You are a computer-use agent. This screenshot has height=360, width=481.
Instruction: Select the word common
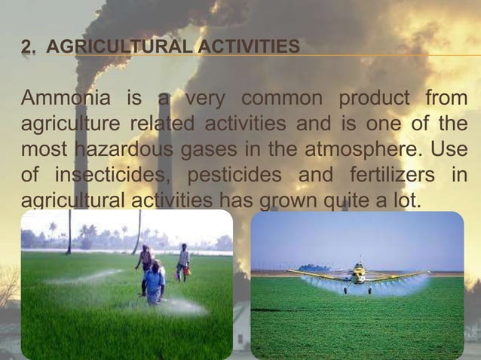coord(280,99)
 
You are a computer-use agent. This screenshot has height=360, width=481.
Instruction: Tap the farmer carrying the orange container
coord(183,262)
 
